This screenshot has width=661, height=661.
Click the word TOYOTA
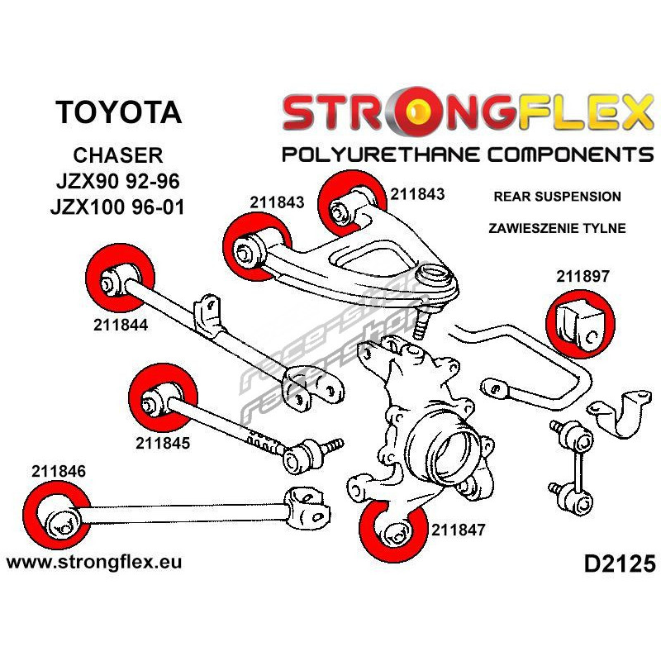pos(119,112)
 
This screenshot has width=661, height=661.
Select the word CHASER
pos(119,155)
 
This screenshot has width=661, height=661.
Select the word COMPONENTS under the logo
pos(561,155)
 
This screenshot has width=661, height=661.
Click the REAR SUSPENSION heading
pos(556,197)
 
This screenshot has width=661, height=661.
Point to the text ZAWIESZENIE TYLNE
pos(556,228)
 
